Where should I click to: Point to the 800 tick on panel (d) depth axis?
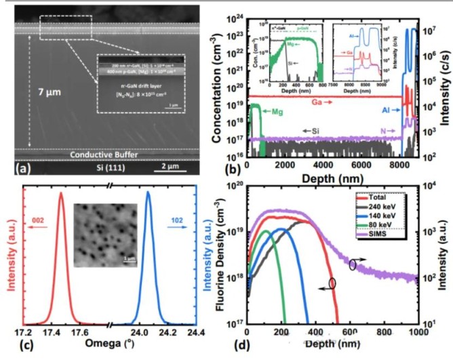(384, 334)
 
